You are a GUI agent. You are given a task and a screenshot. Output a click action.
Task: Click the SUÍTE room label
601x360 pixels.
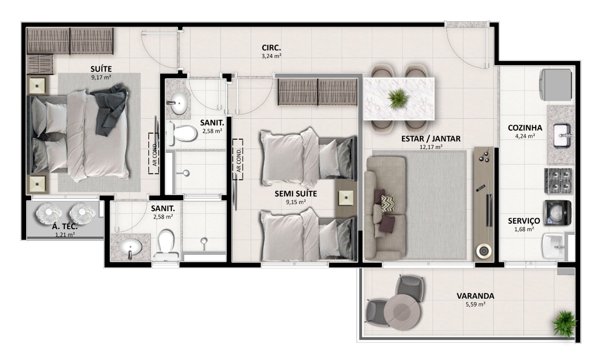101,69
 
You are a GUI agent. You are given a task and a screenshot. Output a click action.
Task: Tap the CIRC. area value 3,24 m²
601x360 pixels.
271,56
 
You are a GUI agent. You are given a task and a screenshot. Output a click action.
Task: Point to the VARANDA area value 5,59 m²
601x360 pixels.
475,304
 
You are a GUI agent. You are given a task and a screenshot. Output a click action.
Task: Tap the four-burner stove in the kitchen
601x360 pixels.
558,181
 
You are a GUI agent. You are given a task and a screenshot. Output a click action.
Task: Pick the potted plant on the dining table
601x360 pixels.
398,98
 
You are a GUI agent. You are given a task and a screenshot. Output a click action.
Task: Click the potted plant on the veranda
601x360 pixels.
564,323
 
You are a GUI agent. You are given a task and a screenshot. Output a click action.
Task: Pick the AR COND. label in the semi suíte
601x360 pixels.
239,160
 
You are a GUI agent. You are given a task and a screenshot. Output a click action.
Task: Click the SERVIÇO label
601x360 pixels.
524,221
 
